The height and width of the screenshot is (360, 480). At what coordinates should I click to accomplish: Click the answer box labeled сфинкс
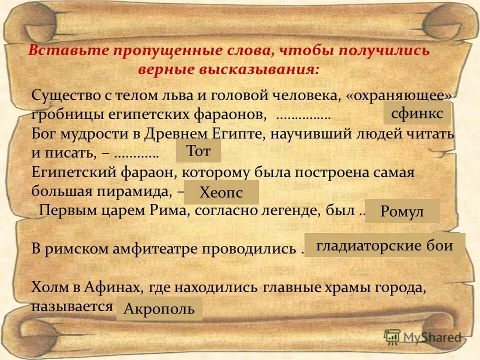point(417,113)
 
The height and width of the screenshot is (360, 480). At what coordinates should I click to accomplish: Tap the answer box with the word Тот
point(198,151)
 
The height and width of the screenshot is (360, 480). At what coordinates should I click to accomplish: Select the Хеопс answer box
point(221,192)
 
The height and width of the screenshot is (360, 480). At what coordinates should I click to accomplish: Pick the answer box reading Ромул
point(402,211)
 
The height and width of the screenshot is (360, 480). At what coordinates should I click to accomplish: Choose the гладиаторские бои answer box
point(384,245)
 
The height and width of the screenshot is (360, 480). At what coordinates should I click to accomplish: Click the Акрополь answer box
point(159,308)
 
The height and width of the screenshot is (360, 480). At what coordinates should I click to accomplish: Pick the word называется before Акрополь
point(72,306)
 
